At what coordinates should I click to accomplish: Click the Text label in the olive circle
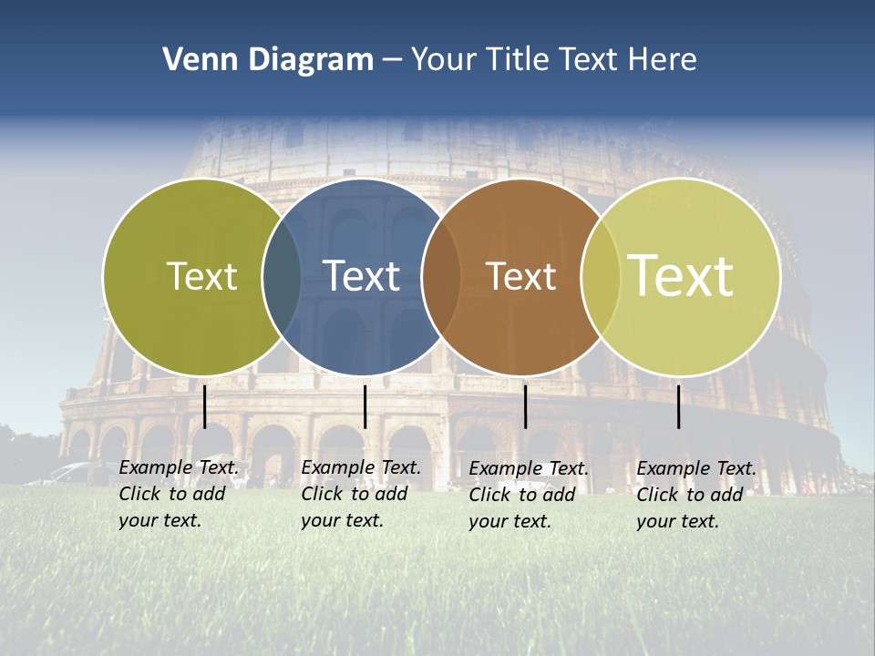(x=201, y=276)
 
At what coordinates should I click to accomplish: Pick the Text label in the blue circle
(x=362, y=276)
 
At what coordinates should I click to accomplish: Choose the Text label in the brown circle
(x=521, y=276)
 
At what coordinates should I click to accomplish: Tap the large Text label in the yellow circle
(x=681, y=276)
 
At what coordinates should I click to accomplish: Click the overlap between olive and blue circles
(x=282, y=276)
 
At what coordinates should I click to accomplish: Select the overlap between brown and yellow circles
(x=599, y=276)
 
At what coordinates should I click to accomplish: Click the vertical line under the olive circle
(x=204, y=406)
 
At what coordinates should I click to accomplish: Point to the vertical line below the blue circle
(x=365, y=406)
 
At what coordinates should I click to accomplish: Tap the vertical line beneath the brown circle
(x=525, y=406)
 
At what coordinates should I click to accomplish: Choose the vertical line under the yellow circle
(x=678, y=406)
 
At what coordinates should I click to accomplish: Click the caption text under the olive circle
(x=178, y=494)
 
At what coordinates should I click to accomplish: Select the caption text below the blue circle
(x=360, y=494)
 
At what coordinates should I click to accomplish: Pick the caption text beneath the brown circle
(x=528, y=495)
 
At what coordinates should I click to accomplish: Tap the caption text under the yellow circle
(x=695, y=495)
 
